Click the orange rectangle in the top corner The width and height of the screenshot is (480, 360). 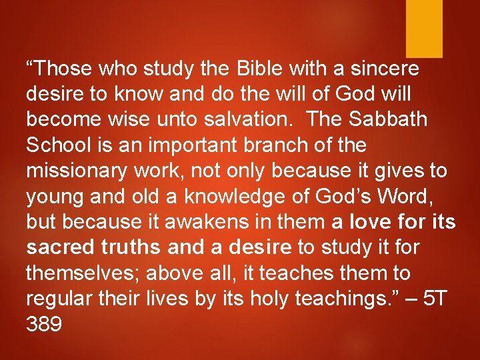point(424,28)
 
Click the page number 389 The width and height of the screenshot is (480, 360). point(45,325)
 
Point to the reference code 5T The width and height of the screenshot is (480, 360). point(437,299)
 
